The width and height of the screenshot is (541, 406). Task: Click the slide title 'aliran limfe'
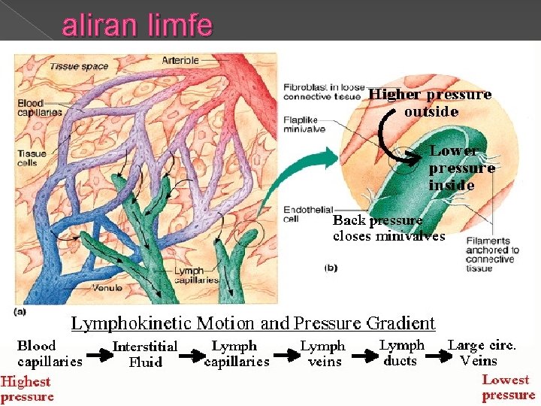pyautogui.click(x=137, y=27)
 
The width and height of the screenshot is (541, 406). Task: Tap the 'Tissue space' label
pyautogui.click(x=79, y=66)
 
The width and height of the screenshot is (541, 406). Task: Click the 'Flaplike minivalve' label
pyautogui.click(x=304, y=123)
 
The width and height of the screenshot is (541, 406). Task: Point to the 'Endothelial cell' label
pyautogui.click(x=304, y=214)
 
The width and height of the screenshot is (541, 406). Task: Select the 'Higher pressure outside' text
pyautogui.click(x=431, y=103)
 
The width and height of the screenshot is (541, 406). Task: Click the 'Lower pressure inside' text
pyautogui.click(x=461, y=168)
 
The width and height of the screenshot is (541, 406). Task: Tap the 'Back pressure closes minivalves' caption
pyautogui.click(x=388, y=228)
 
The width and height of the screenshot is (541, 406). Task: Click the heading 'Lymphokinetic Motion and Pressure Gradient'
pyautogui.click(x=253, y=323)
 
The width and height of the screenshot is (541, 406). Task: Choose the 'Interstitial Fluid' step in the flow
pyautogui.click(x=145, y=353)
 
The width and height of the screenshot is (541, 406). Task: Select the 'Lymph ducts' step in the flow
pyautogui.click(x=401, y=353)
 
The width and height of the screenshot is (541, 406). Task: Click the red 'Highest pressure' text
pyautogui.click(x=27, y=389)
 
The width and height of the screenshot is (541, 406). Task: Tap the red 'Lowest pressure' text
pyautogui.click(x=508, y=387)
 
